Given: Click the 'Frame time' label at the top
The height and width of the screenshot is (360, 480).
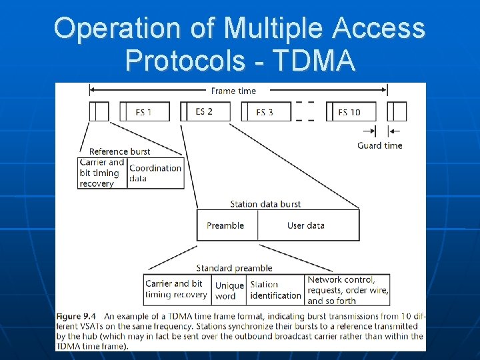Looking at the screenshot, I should [233, 91].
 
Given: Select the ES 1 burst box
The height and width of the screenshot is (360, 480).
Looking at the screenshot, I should [144, 112].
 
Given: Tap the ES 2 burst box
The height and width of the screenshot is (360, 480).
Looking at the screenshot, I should [204, 111].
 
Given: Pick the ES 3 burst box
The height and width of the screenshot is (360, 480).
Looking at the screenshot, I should [265, 112].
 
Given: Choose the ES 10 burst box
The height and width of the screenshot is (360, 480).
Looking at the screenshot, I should [349, 112].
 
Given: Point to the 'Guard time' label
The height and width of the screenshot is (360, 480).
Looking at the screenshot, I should [379, 145].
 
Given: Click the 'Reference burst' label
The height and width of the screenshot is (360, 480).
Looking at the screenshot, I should [119, 151].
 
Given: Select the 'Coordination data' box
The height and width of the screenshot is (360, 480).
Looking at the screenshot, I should [155, 173].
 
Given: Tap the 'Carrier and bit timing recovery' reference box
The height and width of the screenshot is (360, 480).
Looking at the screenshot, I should [102, 173].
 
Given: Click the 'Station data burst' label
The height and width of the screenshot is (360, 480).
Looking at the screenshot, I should [265, 204].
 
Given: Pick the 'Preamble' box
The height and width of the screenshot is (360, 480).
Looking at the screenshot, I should [225, 225].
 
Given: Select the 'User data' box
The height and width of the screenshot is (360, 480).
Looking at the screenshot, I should [306, 225].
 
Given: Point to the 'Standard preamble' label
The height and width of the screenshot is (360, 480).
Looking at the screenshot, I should [234, 268].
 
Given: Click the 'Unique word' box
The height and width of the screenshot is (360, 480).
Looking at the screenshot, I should [229, 291].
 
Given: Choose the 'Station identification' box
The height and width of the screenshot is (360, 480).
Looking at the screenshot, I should [275, 291].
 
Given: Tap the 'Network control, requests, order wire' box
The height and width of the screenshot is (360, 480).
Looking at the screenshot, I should [347, 291].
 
